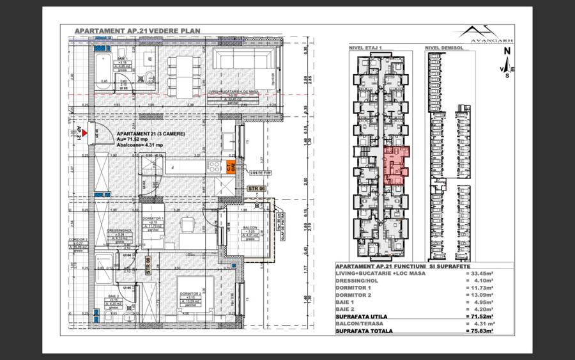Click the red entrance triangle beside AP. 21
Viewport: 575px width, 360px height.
[84, 132]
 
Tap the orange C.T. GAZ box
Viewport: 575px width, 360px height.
[231, 166]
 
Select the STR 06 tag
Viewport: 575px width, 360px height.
[256, 188]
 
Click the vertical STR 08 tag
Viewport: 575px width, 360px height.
[148, 265]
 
